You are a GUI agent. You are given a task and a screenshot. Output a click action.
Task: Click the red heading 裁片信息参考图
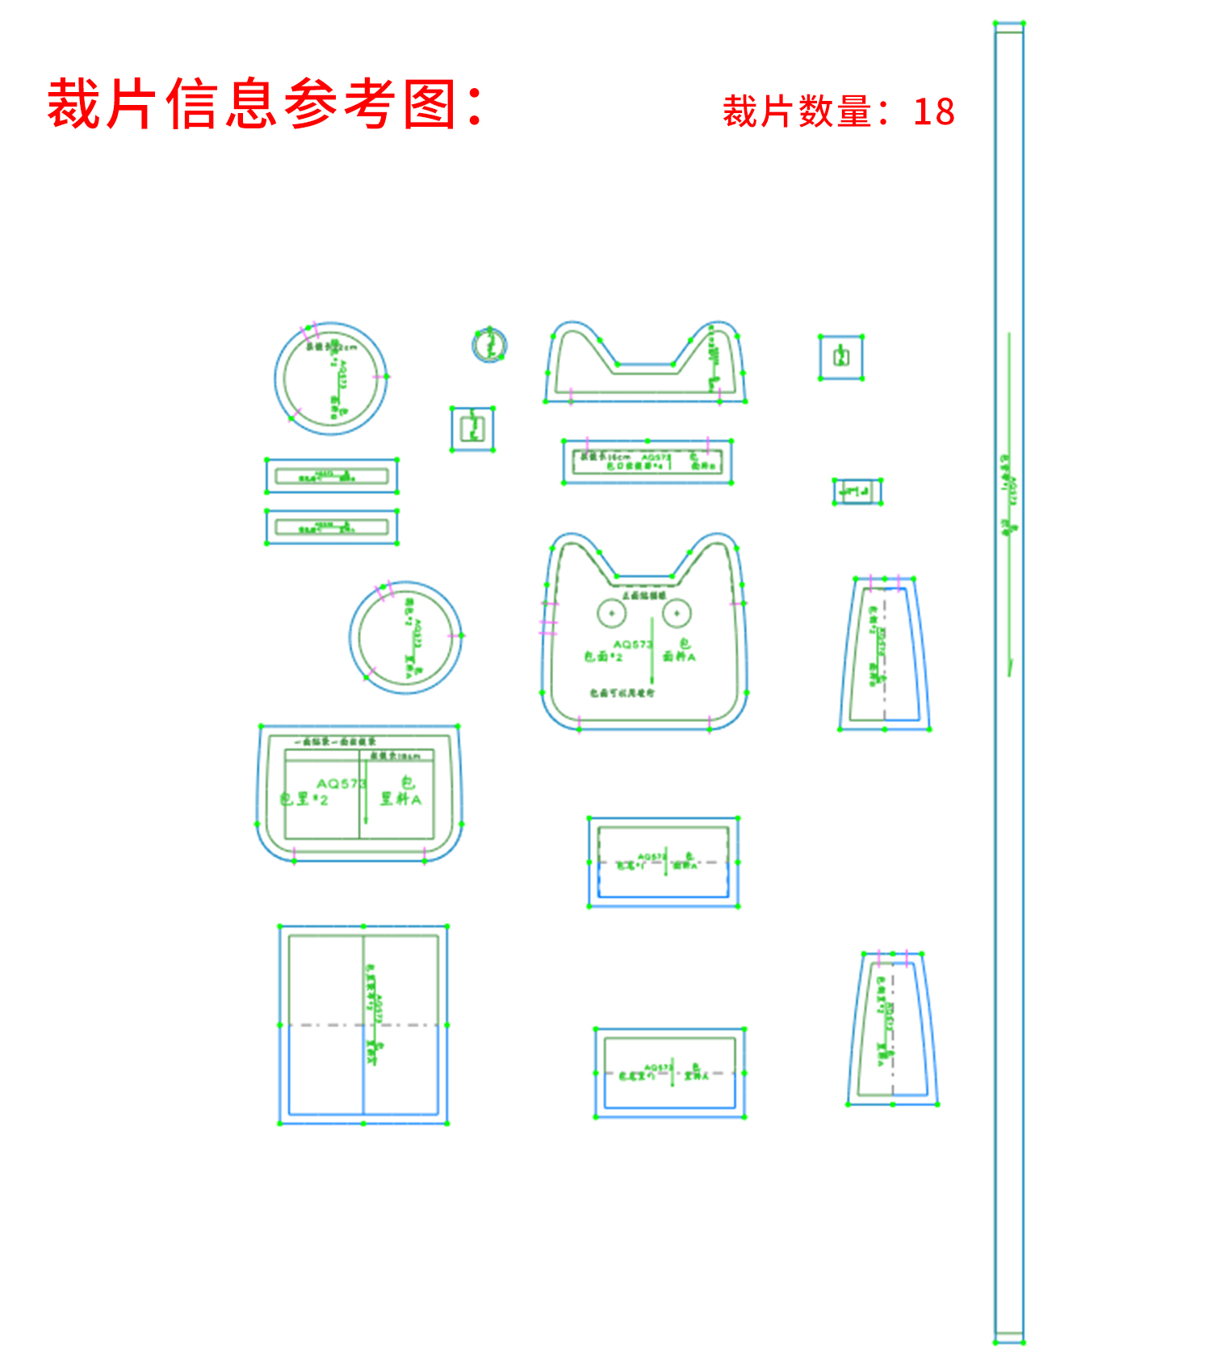click(265, 105)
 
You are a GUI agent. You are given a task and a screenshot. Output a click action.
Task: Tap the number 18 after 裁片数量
click(934, 111)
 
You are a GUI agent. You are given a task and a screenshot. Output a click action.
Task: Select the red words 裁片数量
click(796, 111)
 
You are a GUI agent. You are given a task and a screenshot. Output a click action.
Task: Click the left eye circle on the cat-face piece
click(612, 614)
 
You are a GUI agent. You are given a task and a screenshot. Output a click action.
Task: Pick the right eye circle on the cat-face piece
click(677, 614)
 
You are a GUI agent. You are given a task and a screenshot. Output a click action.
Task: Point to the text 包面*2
click(604, 657)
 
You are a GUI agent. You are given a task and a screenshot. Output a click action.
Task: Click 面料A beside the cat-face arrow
click(679, 656)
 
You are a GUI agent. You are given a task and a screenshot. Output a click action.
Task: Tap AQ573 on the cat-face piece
click(631, 644)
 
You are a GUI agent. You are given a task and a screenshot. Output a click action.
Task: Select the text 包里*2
click(304, 799)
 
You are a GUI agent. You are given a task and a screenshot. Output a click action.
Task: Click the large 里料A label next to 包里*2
click(401, 799)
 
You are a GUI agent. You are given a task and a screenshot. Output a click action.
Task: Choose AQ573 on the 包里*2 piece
click(341, 783)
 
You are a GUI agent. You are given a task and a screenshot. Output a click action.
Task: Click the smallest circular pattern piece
click(489, 345)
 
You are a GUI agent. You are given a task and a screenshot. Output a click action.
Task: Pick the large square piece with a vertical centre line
click(363, 1024)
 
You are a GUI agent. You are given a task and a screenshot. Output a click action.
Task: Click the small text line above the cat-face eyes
click(643, 595)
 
